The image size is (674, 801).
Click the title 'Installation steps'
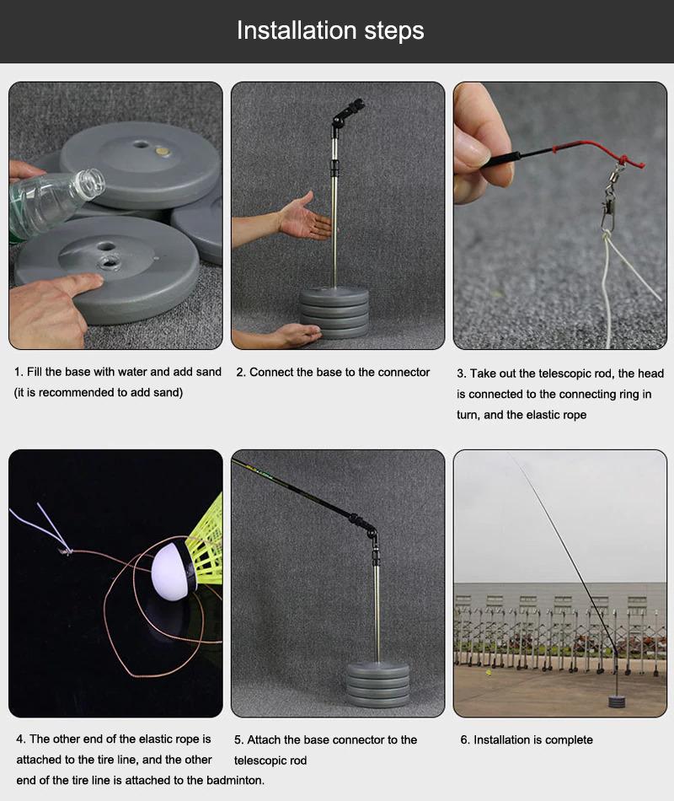point(330,31)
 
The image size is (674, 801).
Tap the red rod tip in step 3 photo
point(590,148)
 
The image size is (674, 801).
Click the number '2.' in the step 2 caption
point(241,372)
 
